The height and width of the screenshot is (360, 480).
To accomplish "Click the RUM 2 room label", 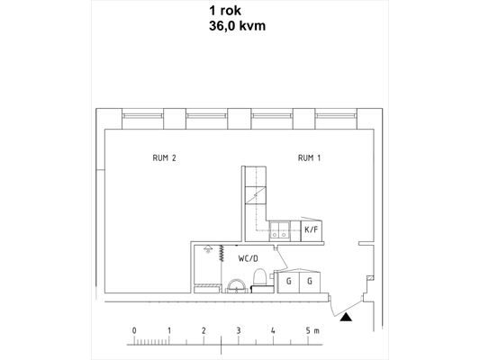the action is point(165,158).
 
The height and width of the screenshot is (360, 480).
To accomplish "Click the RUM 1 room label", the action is point(309,158).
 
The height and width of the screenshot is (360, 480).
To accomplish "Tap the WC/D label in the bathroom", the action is point(249,259).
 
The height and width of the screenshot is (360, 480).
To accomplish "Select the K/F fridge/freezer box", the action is point(312,230).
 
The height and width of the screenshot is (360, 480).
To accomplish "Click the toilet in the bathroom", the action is point(260,278).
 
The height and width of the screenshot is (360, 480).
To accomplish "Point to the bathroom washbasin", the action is point(236,286).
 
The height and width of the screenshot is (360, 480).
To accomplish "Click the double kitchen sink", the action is point(279,230).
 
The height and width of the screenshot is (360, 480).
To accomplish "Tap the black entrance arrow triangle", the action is point(346,318).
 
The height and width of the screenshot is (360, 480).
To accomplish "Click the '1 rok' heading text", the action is point(225,11).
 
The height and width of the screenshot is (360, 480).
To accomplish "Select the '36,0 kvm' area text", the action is point(237,26).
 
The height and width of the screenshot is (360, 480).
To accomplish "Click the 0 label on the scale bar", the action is point(134,330).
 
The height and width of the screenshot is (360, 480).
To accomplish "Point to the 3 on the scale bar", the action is point(239,330).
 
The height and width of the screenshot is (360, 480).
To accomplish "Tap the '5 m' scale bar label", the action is point(312,330).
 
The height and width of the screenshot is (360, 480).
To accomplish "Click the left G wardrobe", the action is point(288,282).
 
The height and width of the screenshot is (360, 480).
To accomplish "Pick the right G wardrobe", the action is point(310,282).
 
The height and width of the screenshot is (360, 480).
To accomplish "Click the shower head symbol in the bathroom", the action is point(208,248).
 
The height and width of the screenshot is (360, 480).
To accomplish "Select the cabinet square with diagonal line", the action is point(256,195).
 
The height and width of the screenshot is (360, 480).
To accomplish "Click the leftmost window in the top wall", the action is point(142,116).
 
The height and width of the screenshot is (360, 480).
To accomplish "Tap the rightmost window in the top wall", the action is point(336,116).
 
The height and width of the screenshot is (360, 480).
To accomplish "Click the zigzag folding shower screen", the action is point(222,254).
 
